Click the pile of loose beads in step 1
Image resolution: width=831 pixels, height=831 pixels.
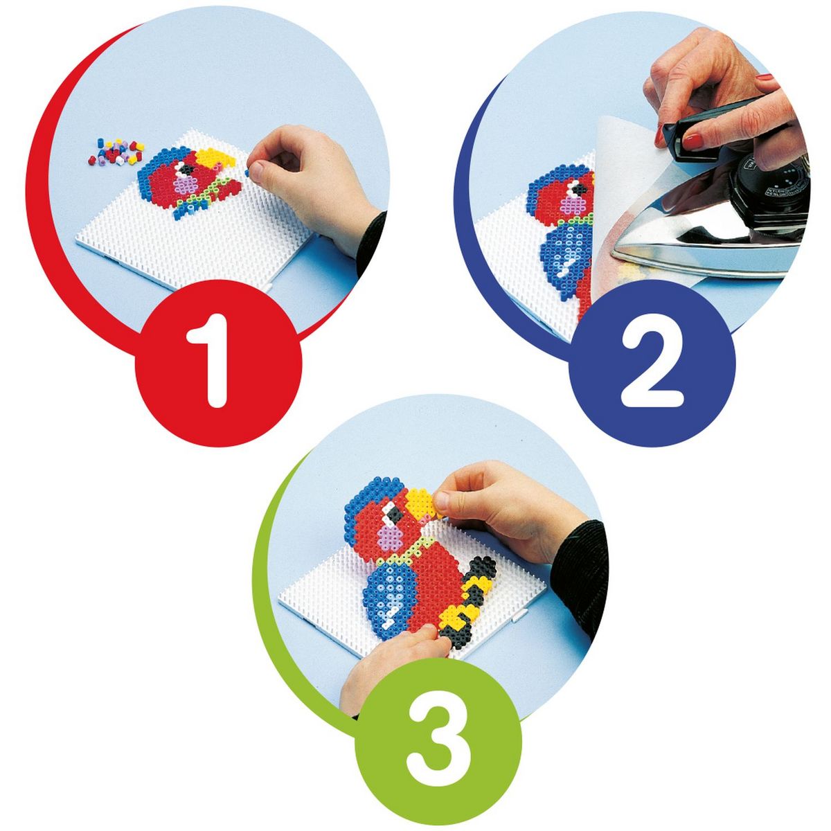116,152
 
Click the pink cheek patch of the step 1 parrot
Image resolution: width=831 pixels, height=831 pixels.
186,185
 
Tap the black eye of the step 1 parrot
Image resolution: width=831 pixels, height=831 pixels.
186,170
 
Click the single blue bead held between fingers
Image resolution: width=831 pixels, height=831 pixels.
247,173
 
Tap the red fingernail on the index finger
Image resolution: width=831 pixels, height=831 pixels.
693,141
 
